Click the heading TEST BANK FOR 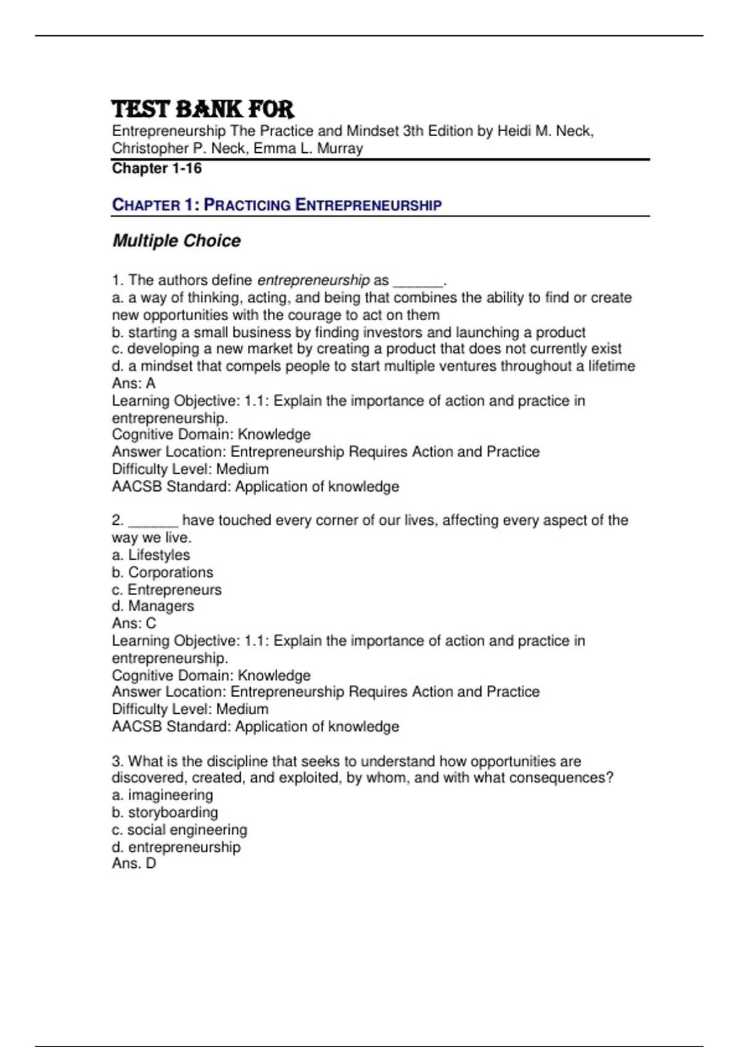[203, 109]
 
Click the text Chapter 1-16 [156, 168]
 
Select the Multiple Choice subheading [176, 241]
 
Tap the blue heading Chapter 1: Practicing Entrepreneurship [277, 204]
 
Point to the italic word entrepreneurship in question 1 [313, 280]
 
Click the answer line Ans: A [134, 383]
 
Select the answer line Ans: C [134, 623]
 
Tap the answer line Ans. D [134, 863]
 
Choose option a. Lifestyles [151, 555]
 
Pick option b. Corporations [163, 572]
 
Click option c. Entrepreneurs [166, 589]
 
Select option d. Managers [153, 606]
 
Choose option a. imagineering [163, 795]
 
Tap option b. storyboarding [165, 812]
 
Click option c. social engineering [179, 830]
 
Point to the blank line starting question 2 [153, 522]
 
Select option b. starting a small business [349, 333]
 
